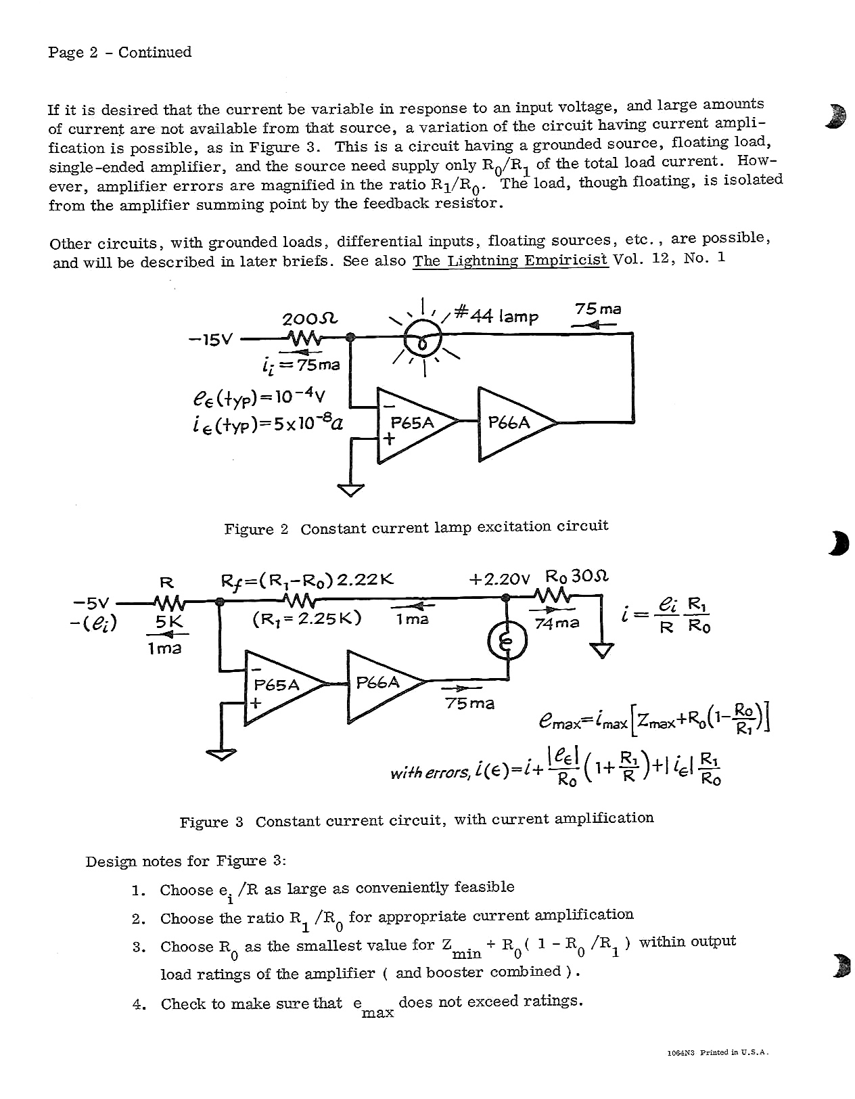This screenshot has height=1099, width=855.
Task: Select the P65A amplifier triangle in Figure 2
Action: tap(413, 426)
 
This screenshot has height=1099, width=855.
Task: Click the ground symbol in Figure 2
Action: tap(350, 489)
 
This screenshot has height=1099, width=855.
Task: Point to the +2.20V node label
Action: tap(499, 579)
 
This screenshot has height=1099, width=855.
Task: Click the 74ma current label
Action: tap(557, 623)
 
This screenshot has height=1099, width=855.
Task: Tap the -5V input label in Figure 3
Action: tap(91, 602)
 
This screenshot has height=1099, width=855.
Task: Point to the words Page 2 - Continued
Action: tap(120, 52)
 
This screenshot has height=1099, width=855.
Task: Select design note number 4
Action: tap(139, 1004)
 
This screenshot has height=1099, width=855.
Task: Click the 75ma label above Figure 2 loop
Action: tap(597, 309)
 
